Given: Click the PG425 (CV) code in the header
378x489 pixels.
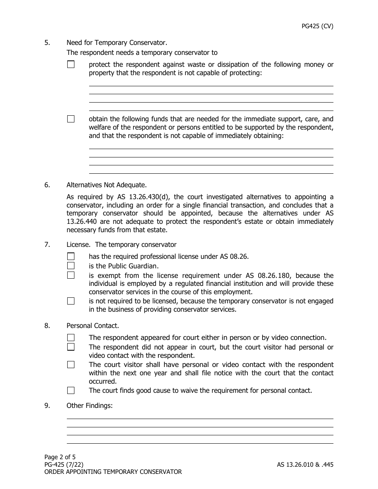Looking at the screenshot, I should [x=317, y=26].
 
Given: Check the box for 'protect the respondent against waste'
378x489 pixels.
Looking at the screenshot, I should [x=71, y=64].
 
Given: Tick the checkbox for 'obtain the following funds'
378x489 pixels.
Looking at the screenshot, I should [x=71, y=119].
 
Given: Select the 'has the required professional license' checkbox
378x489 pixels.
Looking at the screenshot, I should [x=71, y=256].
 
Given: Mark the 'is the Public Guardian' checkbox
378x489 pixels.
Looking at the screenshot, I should [x=71, y=266].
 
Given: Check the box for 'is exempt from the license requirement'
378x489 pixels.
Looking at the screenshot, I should [x=71, y=276].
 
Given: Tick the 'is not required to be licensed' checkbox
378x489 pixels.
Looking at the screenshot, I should [x=71, y=301].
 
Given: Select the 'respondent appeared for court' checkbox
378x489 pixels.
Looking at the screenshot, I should [x=71, y=338].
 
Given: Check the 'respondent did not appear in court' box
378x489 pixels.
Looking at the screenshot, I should [x=71, y=347].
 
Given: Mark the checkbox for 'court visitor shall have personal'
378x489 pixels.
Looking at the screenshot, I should [x=71, y=365].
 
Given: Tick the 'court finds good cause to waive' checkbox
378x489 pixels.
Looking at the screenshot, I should [x=71, y=390].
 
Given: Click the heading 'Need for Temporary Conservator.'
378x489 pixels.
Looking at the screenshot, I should [x=117, y=43].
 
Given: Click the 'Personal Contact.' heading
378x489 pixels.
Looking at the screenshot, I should [x=93, y=326].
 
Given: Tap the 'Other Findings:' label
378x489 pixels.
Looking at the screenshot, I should [x=90, y=406].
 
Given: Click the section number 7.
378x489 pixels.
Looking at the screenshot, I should [x=47, y=244].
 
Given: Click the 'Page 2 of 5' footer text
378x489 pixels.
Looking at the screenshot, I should [x=60, y=457].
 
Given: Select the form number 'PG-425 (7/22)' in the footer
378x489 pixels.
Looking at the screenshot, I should [x=64, y=464].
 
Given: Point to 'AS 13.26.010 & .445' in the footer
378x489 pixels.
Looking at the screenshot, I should [x=305, y=464].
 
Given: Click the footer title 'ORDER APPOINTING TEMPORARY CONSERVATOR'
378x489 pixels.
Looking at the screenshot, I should [x=113, y=472].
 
